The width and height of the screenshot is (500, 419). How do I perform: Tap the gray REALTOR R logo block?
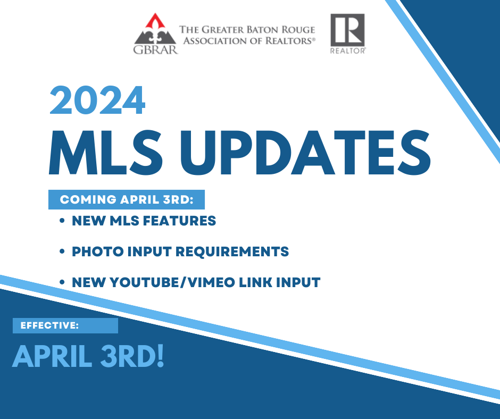(x=347, y=30)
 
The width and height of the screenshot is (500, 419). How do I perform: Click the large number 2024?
(x=97, y=100)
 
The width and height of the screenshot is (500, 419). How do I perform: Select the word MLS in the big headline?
(x=106, y=153)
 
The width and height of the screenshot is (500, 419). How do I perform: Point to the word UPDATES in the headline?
(x=305, y=153)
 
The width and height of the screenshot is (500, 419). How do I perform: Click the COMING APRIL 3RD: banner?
(x=127, y=199)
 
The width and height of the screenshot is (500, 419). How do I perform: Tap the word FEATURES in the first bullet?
(x=179, y=221)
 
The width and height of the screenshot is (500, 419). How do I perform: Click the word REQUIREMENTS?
(x=232, y=252)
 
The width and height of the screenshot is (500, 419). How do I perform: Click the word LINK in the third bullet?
(x=255, y=282)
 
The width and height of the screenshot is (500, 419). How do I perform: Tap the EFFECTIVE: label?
(x=49, y=325)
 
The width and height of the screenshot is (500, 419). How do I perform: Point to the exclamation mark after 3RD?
(x=160, y=356)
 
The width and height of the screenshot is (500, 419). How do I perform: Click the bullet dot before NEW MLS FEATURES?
(x=62, y=221)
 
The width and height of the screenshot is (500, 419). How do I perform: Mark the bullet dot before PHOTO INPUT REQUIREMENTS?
(x=62, y=252)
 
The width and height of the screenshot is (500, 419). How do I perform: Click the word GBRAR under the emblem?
(x=155, y=49)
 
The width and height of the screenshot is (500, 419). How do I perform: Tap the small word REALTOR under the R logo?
(x=347, y=51)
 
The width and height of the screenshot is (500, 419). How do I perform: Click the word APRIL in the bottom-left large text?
(x=53, y=356)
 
